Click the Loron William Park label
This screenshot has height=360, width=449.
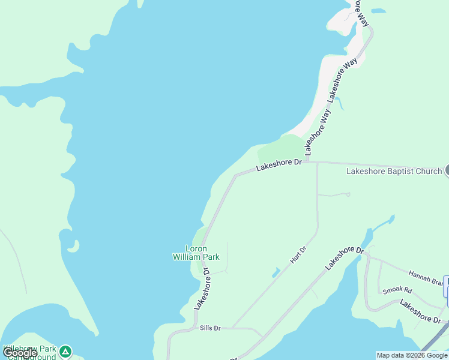(x=196, y=253)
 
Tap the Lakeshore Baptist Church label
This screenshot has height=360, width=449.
(x=394, y=171)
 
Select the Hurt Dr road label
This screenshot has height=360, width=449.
(x=298, y=254)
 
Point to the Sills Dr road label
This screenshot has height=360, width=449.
(x=210, y=328)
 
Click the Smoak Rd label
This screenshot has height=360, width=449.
(x=393, y=291)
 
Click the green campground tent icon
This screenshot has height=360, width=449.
(x=65, y=350)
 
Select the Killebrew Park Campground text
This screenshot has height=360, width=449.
(x=30, y=352)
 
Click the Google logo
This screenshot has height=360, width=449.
(x=20, y=353)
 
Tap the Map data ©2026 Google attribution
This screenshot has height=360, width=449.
(x=412, y=355)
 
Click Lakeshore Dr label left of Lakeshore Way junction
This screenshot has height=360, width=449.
(x=279, y=165)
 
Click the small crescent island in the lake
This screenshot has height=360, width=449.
(x=73, y=247)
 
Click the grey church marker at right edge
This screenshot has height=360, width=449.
(x=447, y=170)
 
